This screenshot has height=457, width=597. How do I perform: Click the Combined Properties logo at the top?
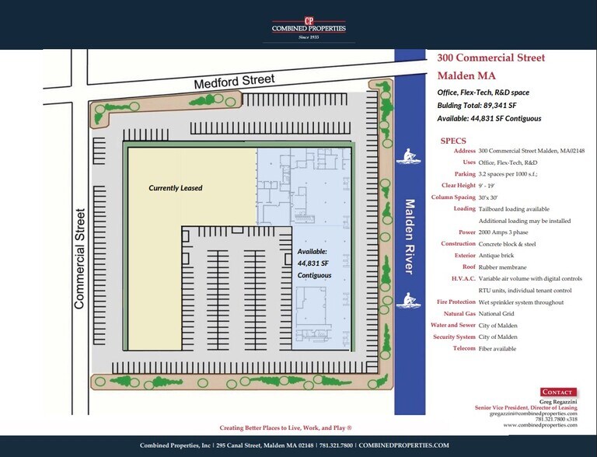coord(309,29)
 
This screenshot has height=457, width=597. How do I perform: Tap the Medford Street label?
coord(234,81)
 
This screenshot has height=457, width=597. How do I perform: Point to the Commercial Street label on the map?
coord(79,259)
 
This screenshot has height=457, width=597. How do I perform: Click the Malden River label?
coord(410,236)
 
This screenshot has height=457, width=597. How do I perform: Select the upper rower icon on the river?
coord(409,156)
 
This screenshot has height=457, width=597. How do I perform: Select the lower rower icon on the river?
coord(409,301)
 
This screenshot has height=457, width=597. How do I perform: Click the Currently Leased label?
coord(176,188)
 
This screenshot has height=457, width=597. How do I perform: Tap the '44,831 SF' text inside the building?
coord(313,263)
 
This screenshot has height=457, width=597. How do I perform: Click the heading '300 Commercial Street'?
coord(491,58)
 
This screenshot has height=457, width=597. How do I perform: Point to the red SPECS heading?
coord(453,141)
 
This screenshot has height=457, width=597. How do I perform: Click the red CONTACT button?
coord(558,392)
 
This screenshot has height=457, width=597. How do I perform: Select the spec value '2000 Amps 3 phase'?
coord(504,232)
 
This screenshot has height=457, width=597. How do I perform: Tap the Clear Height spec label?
coord(459,186)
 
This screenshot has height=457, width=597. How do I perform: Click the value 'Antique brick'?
coord(496,256)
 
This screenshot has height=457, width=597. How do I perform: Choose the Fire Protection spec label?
coord(456,302)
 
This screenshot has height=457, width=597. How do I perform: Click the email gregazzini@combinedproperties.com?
coord(533,413)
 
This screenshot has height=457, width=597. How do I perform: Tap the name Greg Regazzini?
coord(558,402)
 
